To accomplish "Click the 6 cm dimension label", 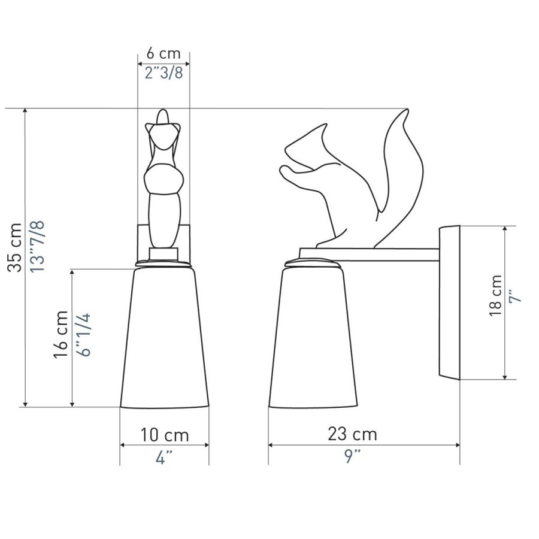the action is [x=163, y=54].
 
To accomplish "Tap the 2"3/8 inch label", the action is [x=163, y=73].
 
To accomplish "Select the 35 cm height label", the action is [x=15, y=247].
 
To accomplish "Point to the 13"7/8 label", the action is [x=37, y=247].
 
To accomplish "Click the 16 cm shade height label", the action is [x=61, y=334].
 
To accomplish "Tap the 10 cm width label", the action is [x=165, y=435].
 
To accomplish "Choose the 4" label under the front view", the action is [x=164, y=458].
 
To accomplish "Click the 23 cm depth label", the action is [x=352, y=434].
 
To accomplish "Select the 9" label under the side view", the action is [x=352, y=456].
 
